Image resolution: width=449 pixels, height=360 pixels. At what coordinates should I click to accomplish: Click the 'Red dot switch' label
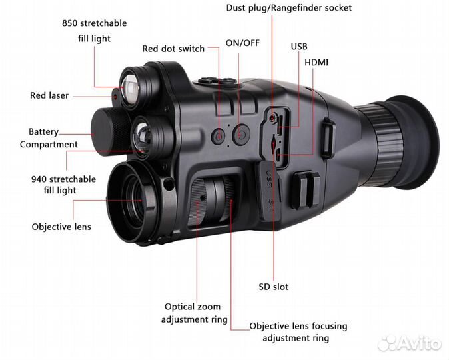point(173,49)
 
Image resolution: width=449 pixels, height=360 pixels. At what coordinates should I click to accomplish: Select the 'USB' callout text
point(299,47)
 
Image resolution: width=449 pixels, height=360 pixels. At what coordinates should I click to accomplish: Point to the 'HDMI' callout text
point(316,62)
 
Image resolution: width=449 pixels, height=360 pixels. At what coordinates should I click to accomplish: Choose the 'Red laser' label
point(49,95)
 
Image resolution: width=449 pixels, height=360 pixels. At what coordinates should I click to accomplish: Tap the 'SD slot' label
point(273,287)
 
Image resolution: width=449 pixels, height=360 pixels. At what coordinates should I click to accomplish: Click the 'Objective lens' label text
point(61,227)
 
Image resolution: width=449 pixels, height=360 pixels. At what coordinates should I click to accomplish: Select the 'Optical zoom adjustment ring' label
point(194,313)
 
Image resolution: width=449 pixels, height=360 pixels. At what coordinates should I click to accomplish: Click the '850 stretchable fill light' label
point(94,31)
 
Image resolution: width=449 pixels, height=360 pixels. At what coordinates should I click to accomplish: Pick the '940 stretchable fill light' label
point(64,185)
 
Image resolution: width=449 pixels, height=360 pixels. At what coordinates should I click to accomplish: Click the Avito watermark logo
point(409,343)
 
